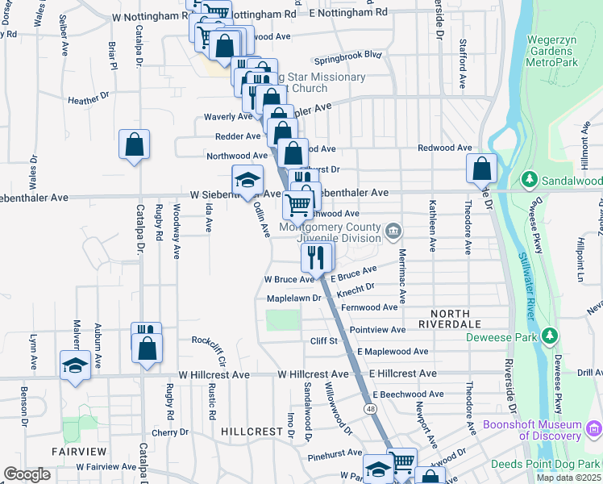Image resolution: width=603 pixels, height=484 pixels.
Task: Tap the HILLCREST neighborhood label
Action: click(x=250, y=432)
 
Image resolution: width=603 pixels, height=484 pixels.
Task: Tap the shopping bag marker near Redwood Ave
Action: click(x=481, y=169)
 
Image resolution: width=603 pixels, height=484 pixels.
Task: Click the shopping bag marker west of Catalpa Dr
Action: click(x=135, y=145)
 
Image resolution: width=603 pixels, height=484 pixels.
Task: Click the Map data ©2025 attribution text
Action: click(x=568, y=478)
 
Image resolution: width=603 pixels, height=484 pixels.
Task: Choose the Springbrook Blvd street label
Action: click(x=347, y=55)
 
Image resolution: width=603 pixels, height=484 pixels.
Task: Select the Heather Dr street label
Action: click(x=89, y=100)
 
